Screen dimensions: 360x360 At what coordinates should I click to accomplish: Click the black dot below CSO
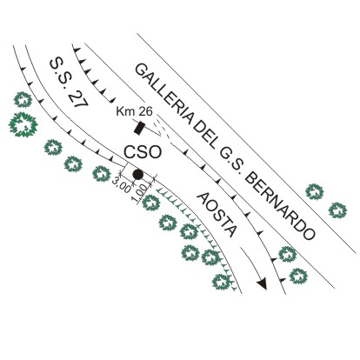point(137,174)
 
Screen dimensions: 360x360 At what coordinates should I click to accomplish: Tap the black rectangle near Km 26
point(139,128)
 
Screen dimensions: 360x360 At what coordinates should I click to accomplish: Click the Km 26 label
point(134,111)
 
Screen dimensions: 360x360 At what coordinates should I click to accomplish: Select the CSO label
point(143,152)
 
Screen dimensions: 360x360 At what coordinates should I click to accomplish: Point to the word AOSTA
point(217,215)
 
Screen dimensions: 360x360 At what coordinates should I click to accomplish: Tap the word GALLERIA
point(165,97)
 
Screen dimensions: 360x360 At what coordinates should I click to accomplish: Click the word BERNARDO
point(280,206)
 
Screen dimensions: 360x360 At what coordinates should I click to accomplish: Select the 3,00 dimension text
point(122,184)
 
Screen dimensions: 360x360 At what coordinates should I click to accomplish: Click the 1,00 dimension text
point(141,193)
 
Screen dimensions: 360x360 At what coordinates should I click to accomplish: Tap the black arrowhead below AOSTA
point(262,283)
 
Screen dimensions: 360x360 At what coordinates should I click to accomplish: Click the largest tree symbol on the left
point(23,124)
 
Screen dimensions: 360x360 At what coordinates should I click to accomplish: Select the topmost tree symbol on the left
point(23,100)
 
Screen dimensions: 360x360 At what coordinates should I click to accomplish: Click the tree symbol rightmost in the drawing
point(337,210)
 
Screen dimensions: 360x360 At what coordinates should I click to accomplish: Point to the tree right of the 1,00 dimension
point(151,203)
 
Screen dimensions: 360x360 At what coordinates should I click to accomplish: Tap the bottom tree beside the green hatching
point(222,282)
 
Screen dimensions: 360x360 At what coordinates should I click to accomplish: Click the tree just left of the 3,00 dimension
point(102,174)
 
